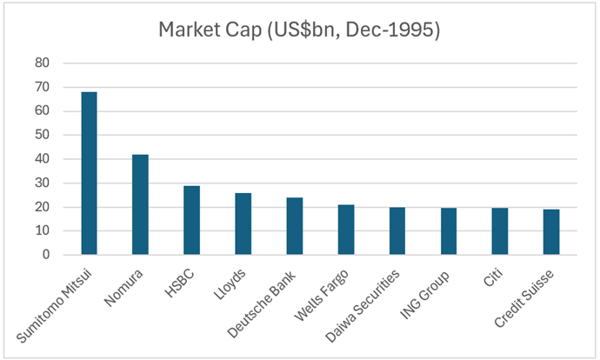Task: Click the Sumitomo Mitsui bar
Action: point(89,174)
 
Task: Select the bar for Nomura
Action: point(140,205)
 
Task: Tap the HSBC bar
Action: point(191,221)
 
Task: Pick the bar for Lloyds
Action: point(243,224)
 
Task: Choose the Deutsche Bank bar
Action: point(294,227)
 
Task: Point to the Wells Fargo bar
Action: point(345,230)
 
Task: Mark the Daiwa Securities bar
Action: point(397,232)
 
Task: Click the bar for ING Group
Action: point(448,232)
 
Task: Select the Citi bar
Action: point(500,232)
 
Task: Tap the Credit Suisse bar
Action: point(551,233)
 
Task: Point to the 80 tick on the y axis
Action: point(43,63)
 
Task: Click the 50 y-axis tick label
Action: point(43,136)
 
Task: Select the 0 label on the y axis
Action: point(46,256)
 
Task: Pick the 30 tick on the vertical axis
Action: point(43,183)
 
